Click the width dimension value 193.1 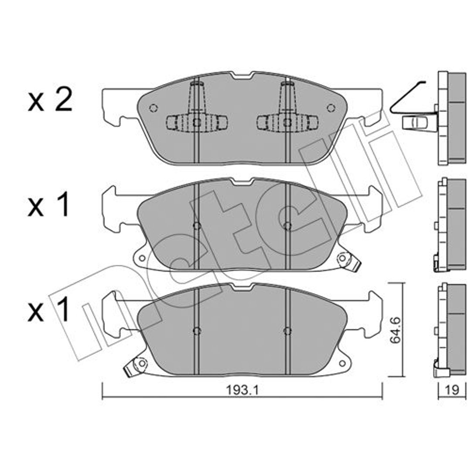pos(242,390)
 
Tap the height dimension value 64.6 pos(396,330)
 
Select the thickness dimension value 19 pos(452,390)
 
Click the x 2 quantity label pos(50,100)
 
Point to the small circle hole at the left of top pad pos(154,108)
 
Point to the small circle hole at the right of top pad pos(331,108)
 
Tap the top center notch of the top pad pos(242,75)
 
